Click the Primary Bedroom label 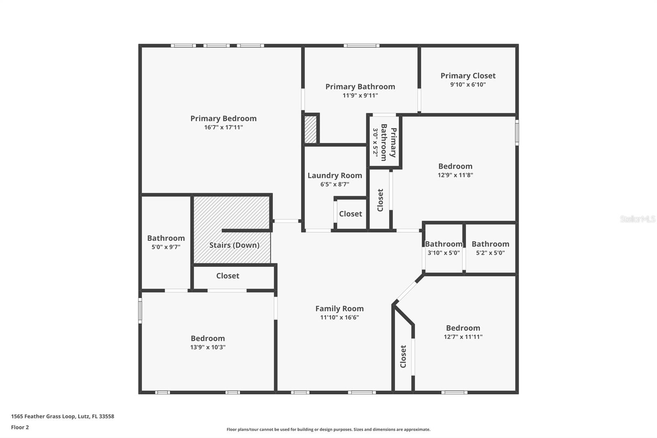(x=223, y=118)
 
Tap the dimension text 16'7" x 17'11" (x=223, y=127)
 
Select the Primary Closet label (x=468, y=76)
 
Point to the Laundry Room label (x=335, y=175)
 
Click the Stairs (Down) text (x=234, y=245)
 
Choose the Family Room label (x=339, y=309)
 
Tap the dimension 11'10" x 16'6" (x=339, y=317)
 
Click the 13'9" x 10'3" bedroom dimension (x=208, y=347)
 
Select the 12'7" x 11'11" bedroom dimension (x=463, y=337)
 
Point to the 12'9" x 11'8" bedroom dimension (x=455, y=175)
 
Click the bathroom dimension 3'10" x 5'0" (x=443, y=253)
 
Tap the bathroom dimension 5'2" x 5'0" (x=490, y=253)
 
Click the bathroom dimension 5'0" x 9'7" (x=166, y=247)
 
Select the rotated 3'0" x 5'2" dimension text (x=375, y=142)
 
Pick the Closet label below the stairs (x=227, y=276)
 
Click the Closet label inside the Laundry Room (x=350, y=214)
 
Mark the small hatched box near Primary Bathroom (x=310, y=129)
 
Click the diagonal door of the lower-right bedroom (x=408, y=291)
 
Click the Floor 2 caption (x=20, y=427)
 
